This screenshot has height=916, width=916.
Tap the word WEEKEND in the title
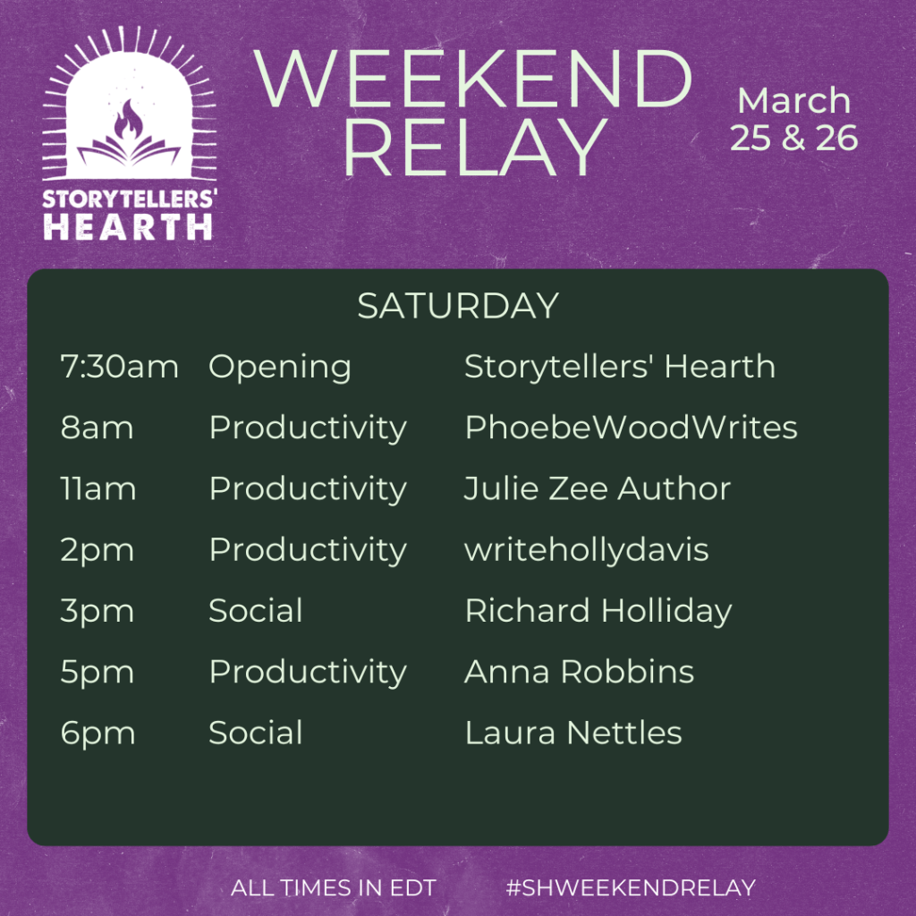[473, 80]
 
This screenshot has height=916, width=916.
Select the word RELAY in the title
[475, 148]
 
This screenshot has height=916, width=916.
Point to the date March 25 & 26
[794, 119]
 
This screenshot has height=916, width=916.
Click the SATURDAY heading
[458, 306]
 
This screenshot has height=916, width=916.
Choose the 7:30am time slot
[119, 367]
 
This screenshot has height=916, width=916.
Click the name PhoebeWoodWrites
[631, 427]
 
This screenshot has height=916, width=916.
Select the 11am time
[98, 488]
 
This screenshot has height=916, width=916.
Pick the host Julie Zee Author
[597, 488]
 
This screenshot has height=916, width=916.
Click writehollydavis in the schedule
[587, 551]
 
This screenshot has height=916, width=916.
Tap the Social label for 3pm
[256, 610]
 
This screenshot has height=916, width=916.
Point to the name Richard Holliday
[598, 612]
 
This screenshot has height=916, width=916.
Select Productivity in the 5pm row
[308, 673]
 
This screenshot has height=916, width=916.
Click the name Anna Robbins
[579, 672]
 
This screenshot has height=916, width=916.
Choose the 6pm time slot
[98, 734]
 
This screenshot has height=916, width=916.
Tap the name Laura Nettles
[573, 733]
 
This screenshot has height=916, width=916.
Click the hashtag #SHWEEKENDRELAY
[631, 887]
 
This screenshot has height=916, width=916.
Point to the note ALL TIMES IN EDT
[333, 887]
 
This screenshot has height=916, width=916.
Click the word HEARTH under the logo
[128, 226]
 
